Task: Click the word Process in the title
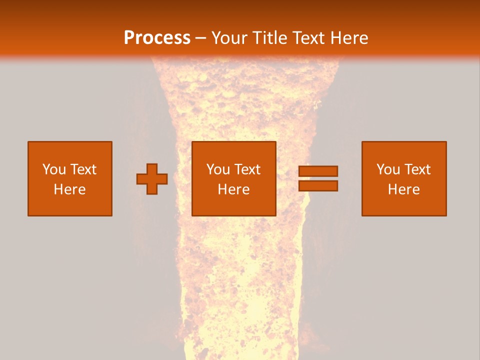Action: [x=157, y=38]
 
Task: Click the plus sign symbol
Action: [x=152, y=178]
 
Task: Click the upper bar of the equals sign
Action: [x=318, y=171]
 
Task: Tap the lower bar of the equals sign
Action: [x=318, y=185]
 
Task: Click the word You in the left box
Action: [x=54, y=169]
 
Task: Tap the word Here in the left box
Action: [x=70, y=189]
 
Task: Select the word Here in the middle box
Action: [x=234, y=189]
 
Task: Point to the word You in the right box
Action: [x=388, y=169]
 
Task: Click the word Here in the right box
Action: [x=404, y=189]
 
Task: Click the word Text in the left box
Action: [x=83, y=169]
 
